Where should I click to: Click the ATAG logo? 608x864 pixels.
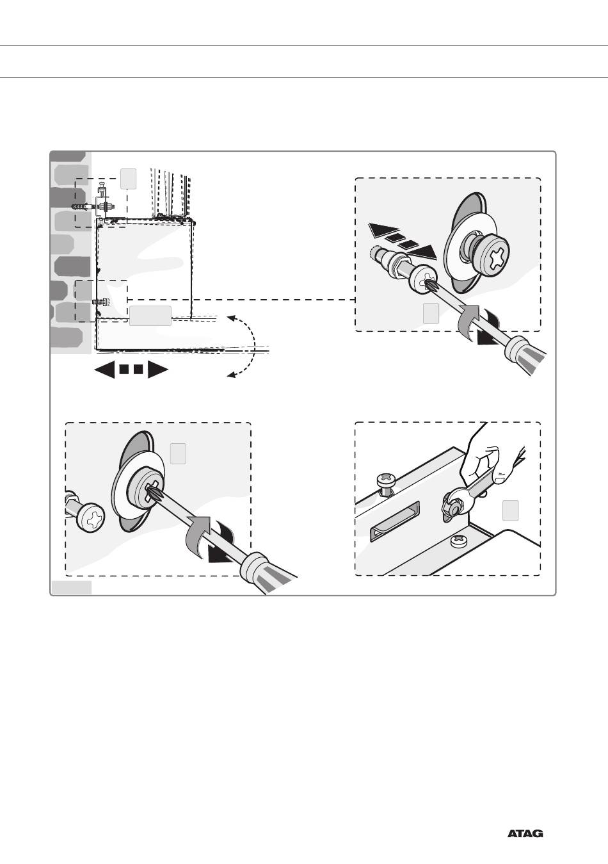click(525, 834)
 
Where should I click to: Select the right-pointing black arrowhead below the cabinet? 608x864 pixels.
click(157, 370)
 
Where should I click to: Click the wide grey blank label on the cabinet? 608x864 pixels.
click(150, 316)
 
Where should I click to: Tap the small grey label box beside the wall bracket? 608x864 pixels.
click(129, 178)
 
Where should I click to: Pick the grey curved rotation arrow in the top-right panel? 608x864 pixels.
click(469, 317)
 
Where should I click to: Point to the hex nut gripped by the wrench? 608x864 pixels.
click(452, 504)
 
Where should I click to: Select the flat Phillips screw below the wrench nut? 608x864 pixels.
click(460, 542)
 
